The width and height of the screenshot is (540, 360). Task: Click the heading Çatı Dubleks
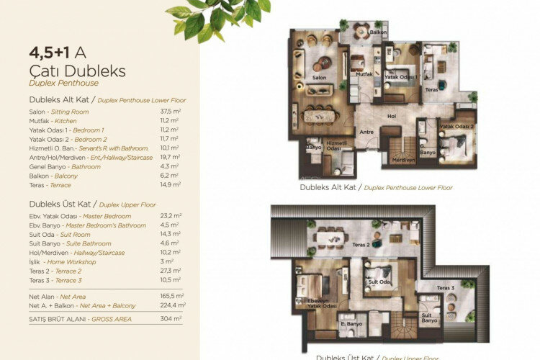pyautogui.click(x=77, y=71)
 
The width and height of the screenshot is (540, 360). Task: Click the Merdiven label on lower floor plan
pyautogui.click(x=403, y=161)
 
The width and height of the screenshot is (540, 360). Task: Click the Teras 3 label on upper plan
pyautogui.click(x=446, y=289)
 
